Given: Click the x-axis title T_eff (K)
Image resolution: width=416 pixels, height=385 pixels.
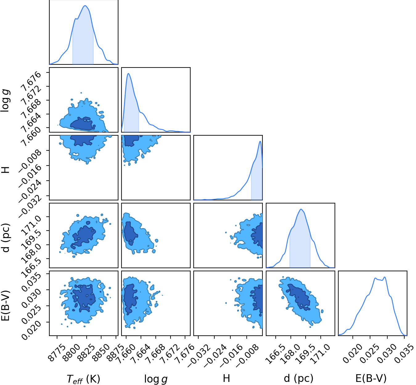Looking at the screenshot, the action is [x=83, y=379].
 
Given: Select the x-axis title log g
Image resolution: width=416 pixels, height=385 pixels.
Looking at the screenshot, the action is [x=156, y=379].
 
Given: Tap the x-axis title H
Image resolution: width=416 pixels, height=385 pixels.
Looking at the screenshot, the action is [x=226, y=378].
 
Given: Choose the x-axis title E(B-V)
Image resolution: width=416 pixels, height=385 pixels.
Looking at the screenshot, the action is [x=371, y=379].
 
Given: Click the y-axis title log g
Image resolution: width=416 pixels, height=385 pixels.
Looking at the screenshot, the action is [x=6, y=100].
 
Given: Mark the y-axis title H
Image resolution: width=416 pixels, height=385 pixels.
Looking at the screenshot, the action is [x=6, y=170].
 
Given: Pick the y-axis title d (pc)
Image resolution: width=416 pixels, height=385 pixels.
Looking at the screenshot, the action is [x=6, y=238].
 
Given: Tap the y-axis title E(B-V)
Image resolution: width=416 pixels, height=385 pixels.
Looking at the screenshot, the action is [x=6, y=305].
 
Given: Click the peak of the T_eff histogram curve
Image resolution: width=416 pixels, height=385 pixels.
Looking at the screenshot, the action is [x=85, y=6].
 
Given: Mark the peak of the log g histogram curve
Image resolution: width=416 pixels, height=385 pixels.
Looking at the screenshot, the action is [x=128, y=74].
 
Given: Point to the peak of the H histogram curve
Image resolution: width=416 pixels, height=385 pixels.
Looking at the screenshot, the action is [x=260, y=141].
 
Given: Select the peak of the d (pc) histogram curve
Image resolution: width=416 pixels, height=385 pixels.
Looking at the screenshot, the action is [x=301, y=209].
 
